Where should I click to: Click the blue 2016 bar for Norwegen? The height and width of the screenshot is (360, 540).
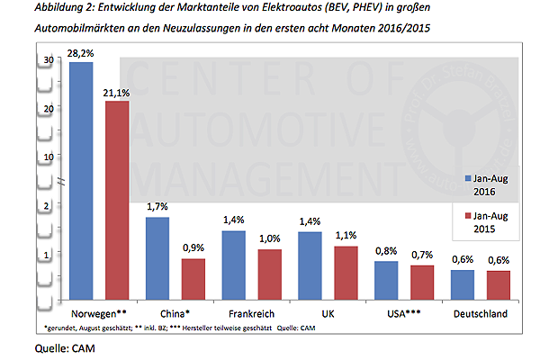pyautogui.click(x=81, y=180)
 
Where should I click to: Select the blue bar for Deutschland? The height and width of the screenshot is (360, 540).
pyautogui.click(x=461, y=284)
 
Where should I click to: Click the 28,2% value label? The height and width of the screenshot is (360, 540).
pyautogui.click(x=81, y=53)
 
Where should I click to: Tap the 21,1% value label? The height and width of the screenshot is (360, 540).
pyautogui.click(x=118, y=92)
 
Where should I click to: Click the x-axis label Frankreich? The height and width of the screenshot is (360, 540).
pyautogui.click(x=252, y=314)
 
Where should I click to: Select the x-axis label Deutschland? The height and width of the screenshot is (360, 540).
pyautogui.click(x=480, y=314)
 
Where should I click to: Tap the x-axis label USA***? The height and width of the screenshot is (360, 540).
pyautogui.click(x=402, y=314)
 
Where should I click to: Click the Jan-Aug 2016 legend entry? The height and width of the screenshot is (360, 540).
pyautogui.click(x=488, y=184)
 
